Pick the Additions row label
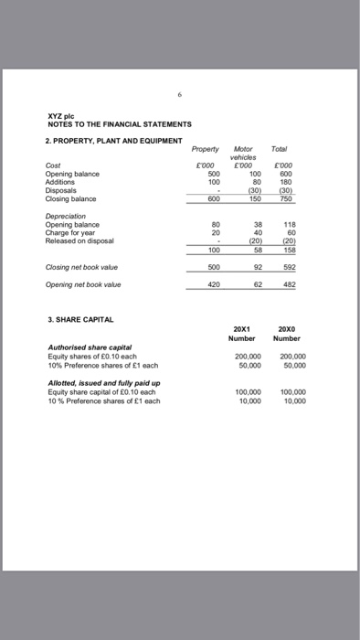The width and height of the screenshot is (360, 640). pos(61,180)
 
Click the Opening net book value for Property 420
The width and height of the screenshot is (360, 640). pos(212,285)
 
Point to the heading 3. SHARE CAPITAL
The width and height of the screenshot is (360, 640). pos(80,321)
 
